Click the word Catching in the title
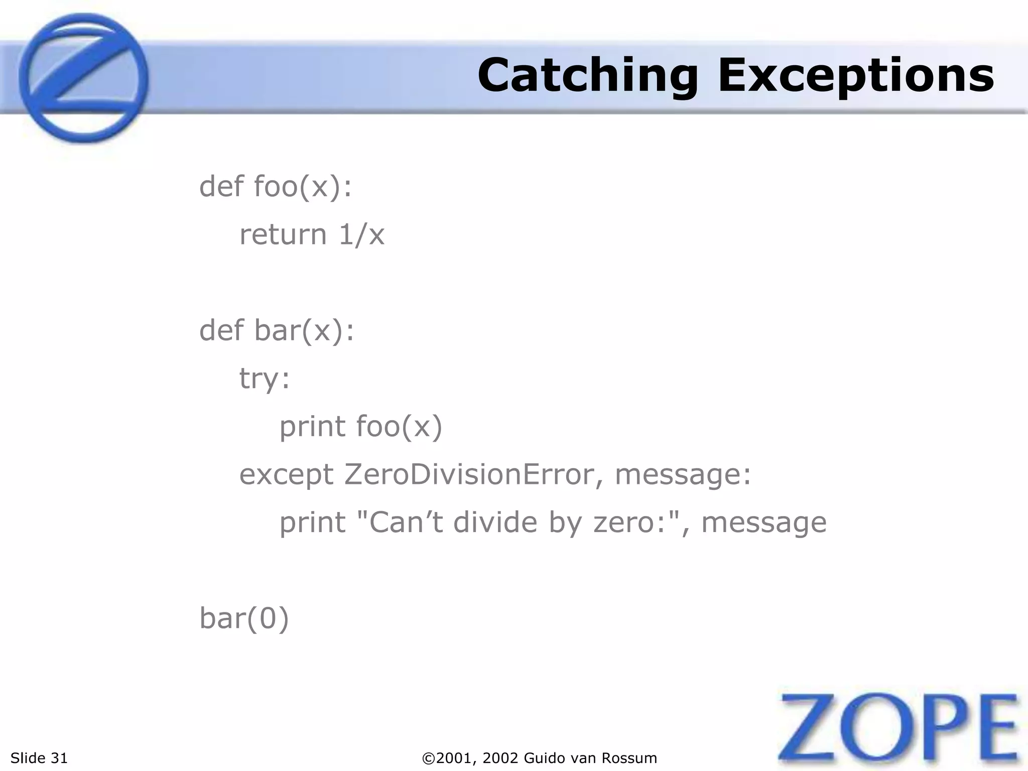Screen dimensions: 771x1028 point(587,76)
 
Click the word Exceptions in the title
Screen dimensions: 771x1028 point(856,76)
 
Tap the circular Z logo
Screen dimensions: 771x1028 point(84,78)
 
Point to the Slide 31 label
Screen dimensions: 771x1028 point(39,757)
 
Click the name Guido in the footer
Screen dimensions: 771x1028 point(545,758)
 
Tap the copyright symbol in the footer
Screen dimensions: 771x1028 point(428,758)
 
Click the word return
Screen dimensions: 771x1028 point(283,234)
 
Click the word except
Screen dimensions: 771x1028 point(286,475)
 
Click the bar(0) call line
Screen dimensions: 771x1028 point(244,618)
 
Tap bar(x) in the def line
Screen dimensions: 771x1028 point(300,331)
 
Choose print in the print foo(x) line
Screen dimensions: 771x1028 point(312,427)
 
